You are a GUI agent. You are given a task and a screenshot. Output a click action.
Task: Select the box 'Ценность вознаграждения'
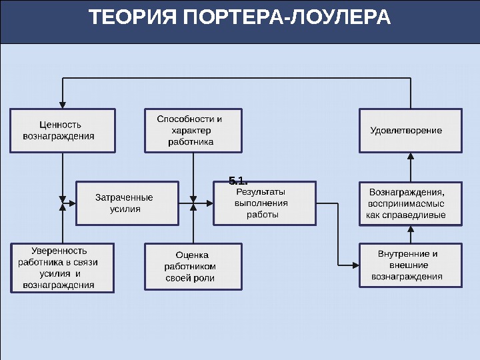63,130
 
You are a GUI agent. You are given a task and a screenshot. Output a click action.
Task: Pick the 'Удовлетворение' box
410,130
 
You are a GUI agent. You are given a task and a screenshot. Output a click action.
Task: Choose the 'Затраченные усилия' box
127,203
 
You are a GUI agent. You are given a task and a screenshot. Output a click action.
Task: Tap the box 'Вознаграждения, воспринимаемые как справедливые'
410,203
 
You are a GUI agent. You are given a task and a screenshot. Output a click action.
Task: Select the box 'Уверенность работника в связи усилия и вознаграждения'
62,268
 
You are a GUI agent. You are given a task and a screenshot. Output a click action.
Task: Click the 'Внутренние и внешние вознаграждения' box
410,265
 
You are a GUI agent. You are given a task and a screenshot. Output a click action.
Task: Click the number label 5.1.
238,181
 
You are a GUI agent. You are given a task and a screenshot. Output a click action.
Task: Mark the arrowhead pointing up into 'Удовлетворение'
411,157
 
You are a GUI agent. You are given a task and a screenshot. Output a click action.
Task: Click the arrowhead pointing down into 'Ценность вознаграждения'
63,104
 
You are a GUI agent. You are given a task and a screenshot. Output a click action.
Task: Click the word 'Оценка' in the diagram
192,255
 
